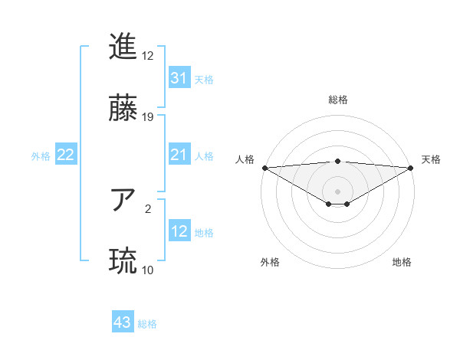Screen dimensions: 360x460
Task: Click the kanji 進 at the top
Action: point(123,47)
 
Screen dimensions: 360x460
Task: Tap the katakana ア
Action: point(123,201)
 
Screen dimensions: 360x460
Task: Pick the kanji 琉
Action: point(123,261)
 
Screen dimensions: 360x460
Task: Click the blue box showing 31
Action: point(179,78)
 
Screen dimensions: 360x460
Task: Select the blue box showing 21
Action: point(179,155)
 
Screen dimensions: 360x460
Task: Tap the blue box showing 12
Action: point(179,231)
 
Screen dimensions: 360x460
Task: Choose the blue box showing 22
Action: point(66,155)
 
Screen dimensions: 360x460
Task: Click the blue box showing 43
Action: point(123,322)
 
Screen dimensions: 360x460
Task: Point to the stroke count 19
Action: point(148,117)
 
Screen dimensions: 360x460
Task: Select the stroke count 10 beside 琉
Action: point(148,270)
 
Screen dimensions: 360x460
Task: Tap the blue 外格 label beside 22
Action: point(41,156)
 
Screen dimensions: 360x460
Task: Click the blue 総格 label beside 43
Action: point(147,324)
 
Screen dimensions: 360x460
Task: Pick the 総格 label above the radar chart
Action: point(338,100)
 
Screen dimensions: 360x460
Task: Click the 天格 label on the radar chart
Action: point(431,159)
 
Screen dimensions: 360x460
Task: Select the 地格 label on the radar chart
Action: point(402,262)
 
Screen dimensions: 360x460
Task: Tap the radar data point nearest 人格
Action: point(264,168)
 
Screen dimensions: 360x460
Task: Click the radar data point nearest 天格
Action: point(411,168)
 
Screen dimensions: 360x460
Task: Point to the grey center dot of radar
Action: point(338,191)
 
